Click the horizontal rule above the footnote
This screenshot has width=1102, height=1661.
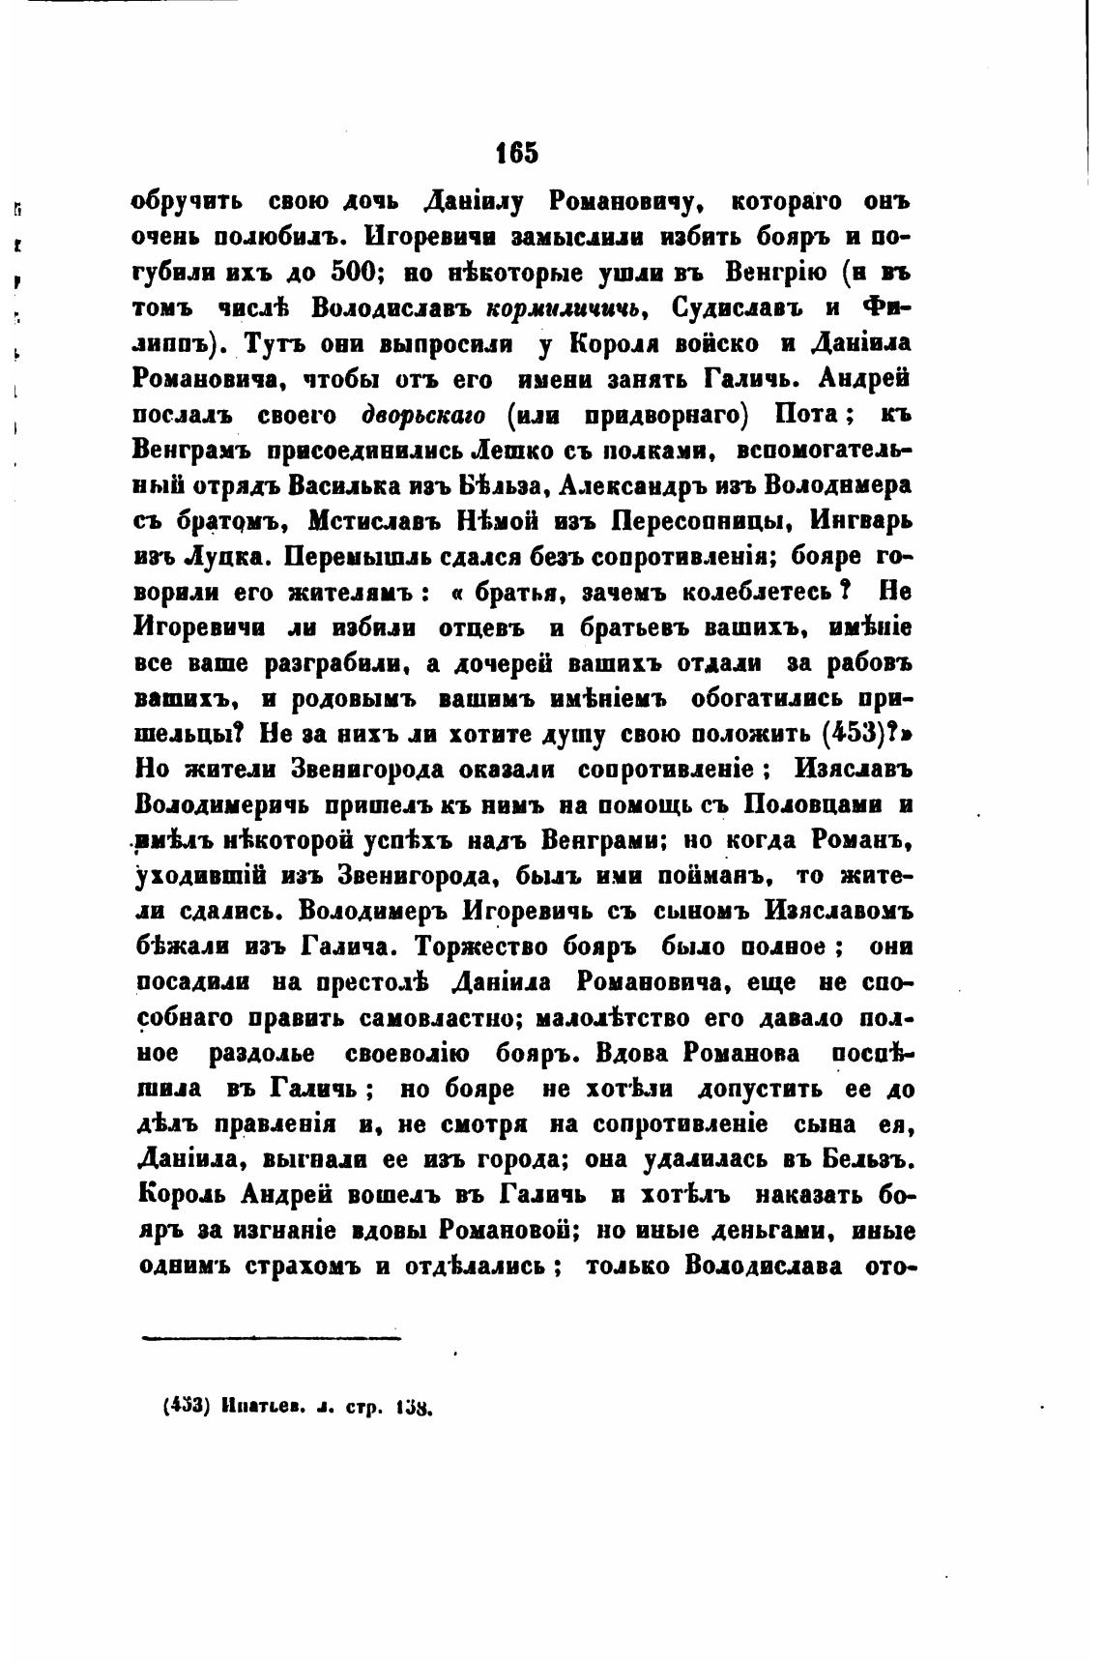pos(272,1339)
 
